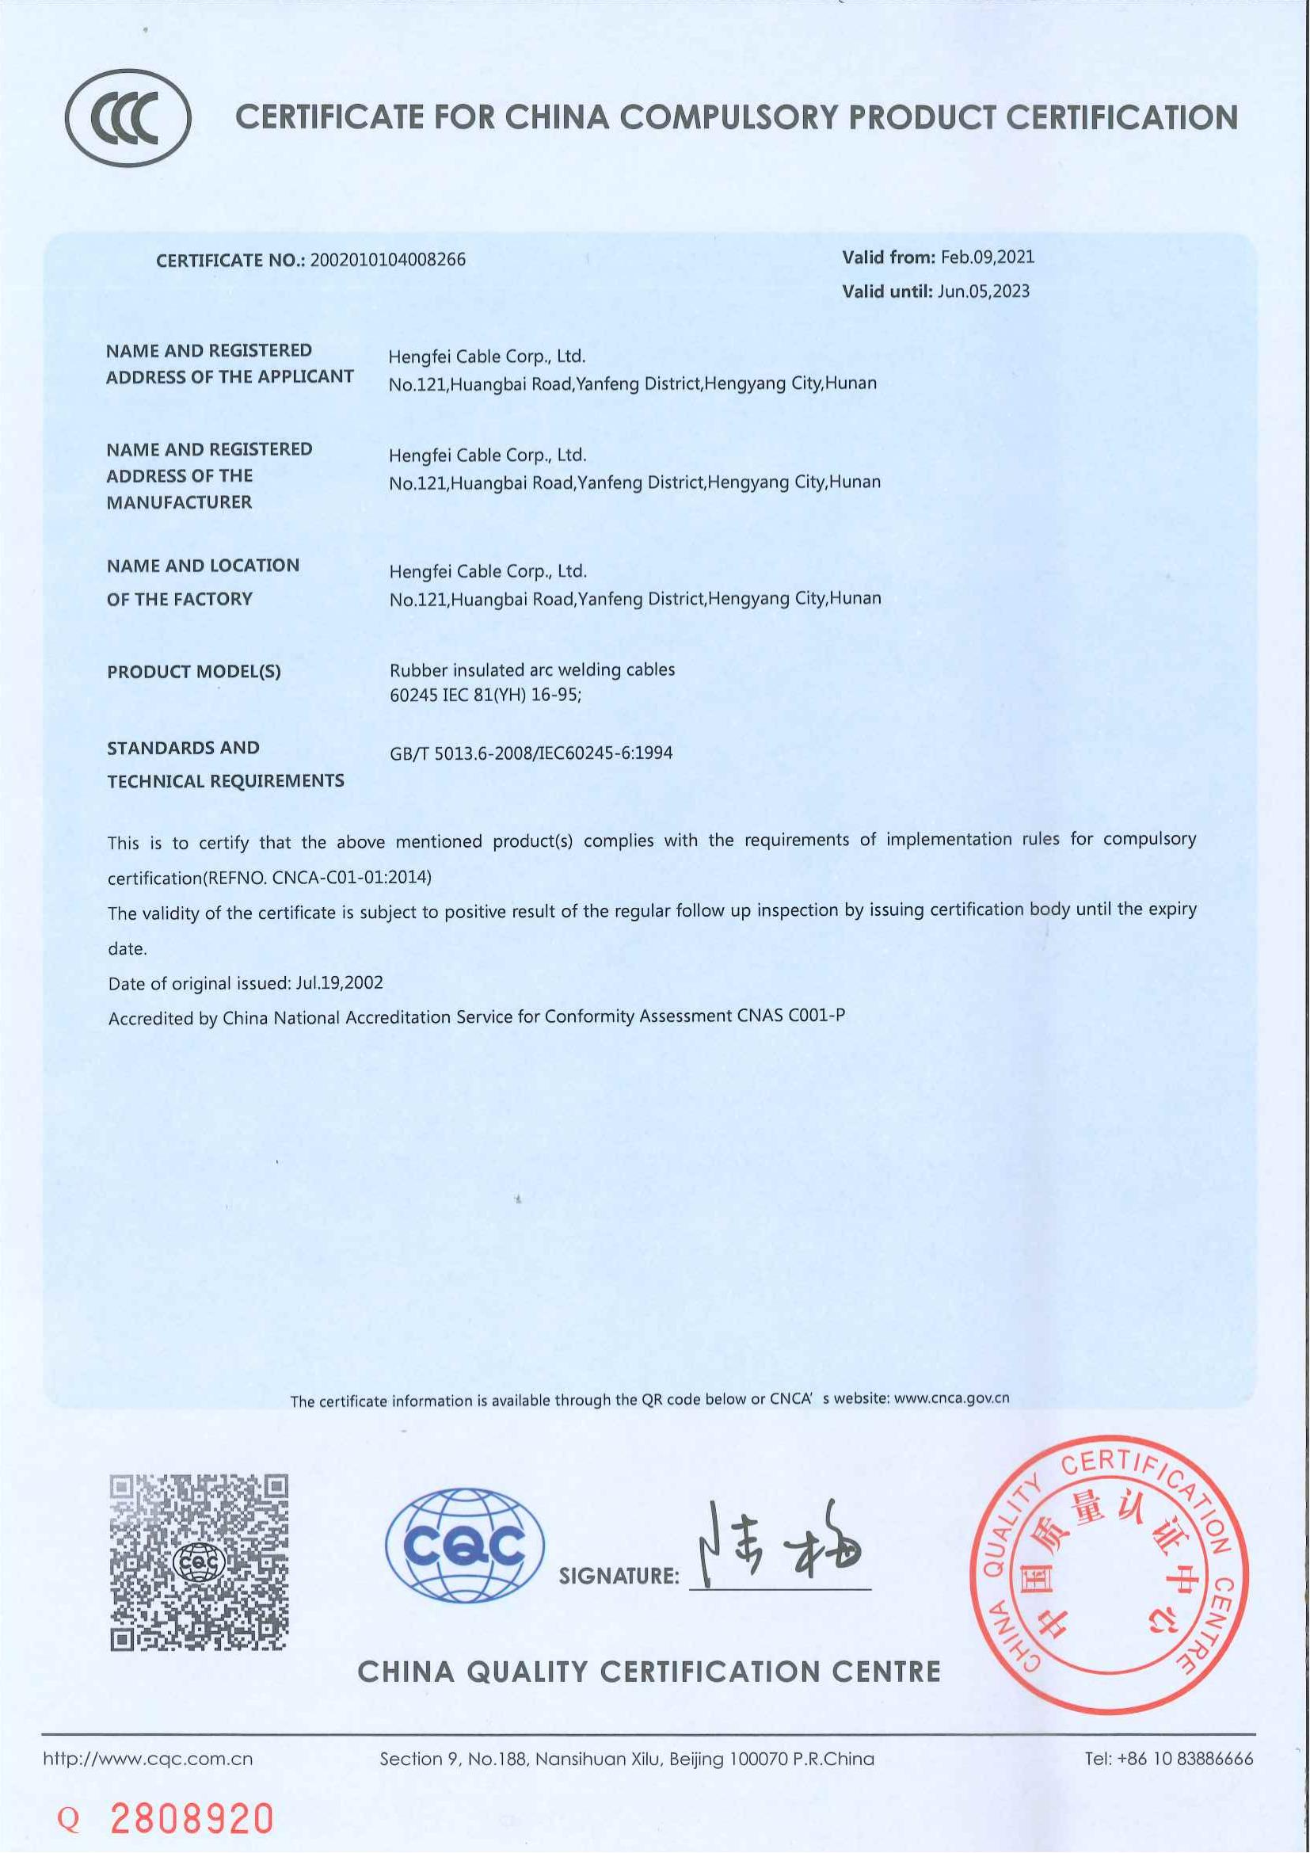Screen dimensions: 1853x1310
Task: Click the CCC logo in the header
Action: click(128, 118)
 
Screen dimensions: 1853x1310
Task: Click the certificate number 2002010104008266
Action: click(388, 260)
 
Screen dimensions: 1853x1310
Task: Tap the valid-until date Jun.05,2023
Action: click(984, 292)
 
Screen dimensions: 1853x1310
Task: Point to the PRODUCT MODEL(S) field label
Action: click(193, 672)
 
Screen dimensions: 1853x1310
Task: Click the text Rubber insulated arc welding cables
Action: click(531, 670)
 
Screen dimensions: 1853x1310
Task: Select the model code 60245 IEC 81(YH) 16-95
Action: click(485, 695)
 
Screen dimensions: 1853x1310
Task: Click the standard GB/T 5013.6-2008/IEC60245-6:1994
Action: click(531, 753)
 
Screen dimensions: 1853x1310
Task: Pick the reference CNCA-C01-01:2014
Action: click(351, 877)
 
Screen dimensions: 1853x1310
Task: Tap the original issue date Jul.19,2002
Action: click(340, 983)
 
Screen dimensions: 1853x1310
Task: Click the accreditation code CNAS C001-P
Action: click(791, 1016)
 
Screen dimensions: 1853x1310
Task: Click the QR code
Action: click(200, 1562)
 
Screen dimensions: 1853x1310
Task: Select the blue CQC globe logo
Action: click(465, 1546)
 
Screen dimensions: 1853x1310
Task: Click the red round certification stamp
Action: click(1108, 1575)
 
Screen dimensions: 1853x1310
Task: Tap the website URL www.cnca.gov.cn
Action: click(952, 1398)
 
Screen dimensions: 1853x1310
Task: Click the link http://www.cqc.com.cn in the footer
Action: click(147, 1759)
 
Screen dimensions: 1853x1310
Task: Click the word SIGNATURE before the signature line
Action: click(619, 1577)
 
